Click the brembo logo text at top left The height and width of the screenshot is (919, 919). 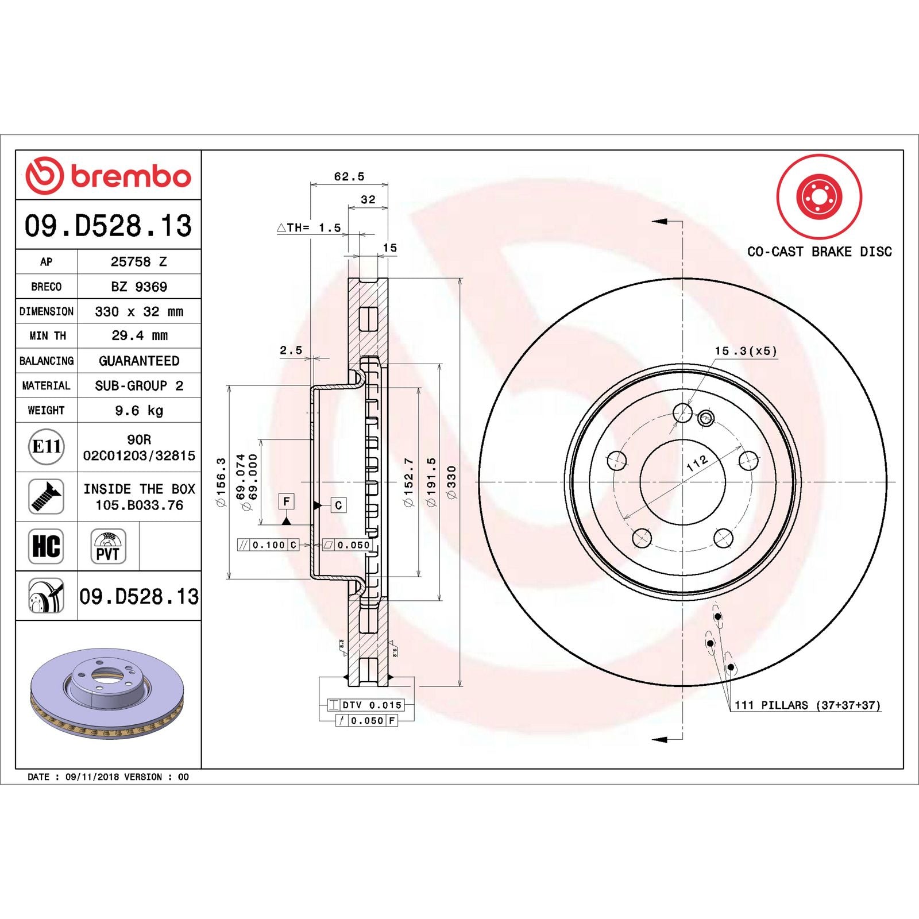point(130,176)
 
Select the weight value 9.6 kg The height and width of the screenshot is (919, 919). point(139,411)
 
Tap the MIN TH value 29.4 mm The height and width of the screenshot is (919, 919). point(139,335)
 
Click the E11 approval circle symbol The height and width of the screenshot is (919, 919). point(46,446)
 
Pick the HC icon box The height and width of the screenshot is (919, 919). point(46,546)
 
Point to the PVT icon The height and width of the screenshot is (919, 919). point(108,546)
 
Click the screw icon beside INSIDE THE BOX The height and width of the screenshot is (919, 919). point(46,496)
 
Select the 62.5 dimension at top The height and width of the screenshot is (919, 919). point(349,176)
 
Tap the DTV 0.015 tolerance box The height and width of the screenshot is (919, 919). point(365,705)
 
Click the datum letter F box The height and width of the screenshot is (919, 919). point(286,501)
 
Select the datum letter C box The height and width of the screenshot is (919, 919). point(338,505)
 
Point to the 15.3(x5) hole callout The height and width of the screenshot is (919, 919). point(746,351)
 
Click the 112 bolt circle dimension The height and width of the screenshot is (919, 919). point(697,463)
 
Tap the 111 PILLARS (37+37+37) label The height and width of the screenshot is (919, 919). point(807,705)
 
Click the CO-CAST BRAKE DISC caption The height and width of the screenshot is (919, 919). point(819,252)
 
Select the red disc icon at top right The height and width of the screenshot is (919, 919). point(819,196)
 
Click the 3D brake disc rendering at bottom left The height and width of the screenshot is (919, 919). point(107,693)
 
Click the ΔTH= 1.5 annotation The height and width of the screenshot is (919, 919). point(309,228)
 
